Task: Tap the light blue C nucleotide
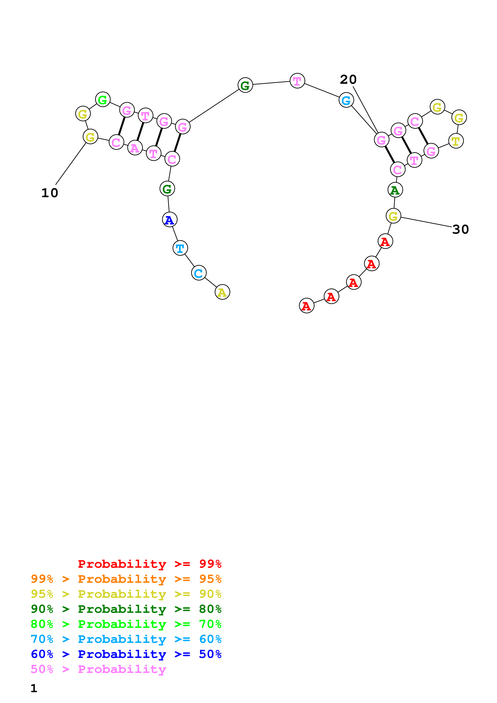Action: pos(199,273)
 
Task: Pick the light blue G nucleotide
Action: pos(346,100)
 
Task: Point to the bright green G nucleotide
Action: pos(103,100)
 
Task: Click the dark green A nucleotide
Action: pos(395,190)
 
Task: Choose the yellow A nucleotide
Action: pos(222,292)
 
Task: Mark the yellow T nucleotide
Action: pos(456,141)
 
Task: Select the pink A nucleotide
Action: pos(135,148)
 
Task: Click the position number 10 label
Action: pos(50,193)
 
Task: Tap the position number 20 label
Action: pos(348,80)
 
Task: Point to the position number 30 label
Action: pos(460,229)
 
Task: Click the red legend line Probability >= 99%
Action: pos(149,564)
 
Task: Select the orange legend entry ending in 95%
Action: pos(126,579)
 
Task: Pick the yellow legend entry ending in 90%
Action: pos(126,594)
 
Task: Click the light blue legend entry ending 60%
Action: pos(126,639)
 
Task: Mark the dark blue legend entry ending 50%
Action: pos(126,654)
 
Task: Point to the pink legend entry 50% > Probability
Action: pos(98,669)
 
